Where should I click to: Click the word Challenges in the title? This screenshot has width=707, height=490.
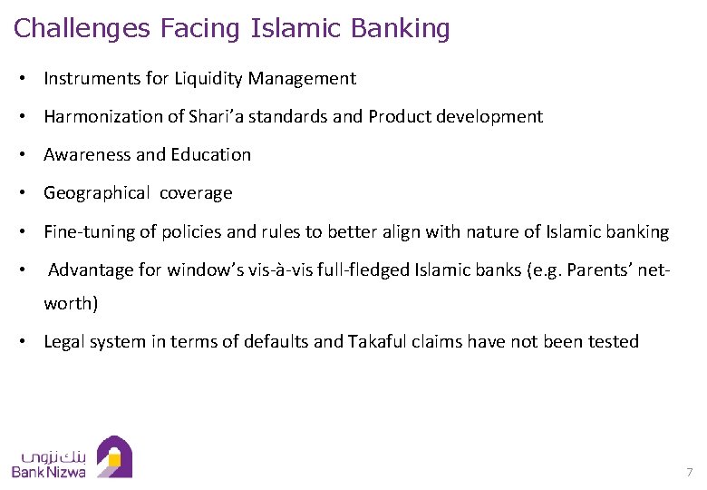pyautogui.click(x=82, y=29)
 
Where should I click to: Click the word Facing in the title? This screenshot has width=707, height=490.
pyautogui.click(x=201, y=29)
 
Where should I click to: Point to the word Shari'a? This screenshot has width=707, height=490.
pyautogui.click(x=216, y=117)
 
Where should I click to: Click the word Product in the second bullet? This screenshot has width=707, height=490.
pyautogui.click(x=399, y=117)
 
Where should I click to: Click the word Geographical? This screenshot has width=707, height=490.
pyautogui.click(x=97, y=193)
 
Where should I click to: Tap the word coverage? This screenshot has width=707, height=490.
pyautogui.click(x=197, y=193)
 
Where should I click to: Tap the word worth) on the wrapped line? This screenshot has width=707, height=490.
pyautogui.click(x=71, y=304)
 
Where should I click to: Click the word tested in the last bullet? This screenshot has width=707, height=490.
pyautogui.click(x=614, y=342)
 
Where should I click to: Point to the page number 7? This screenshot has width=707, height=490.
pyautogui.click(x=689, y=473)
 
